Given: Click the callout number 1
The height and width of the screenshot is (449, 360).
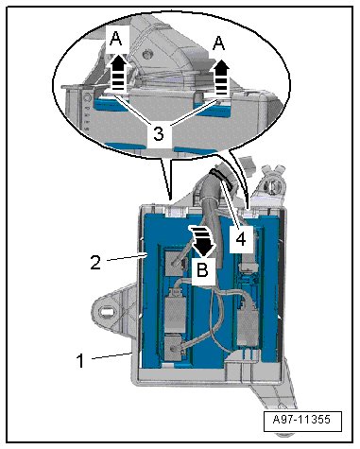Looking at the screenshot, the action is tap(80, 360).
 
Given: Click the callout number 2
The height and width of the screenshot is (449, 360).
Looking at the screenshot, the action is tap(95, 263).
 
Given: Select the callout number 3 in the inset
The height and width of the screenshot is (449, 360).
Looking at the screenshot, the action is tap(159, 134).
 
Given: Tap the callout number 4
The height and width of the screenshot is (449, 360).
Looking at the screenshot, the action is tap(241, 239).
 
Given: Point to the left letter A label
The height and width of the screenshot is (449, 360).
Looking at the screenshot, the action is tap(116, 40).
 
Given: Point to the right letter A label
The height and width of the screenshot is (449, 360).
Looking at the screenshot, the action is tap(218, 43).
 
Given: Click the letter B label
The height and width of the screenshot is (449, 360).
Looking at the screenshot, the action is tap(202, 270).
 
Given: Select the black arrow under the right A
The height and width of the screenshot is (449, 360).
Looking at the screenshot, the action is tap(222, 78).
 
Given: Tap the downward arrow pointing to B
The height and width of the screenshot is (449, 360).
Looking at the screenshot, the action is tap(201, 240).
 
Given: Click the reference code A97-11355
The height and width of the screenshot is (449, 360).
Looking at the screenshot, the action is tap(301, 420).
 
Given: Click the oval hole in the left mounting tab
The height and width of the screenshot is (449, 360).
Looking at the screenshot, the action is tap(108, 312).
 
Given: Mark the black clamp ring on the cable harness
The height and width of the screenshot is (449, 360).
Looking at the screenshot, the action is tap(222, 179).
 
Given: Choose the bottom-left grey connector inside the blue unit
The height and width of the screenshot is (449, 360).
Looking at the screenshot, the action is tap(173, 348).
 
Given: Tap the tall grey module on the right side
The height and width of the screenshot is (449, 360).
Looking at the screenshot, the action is tap(249, 322).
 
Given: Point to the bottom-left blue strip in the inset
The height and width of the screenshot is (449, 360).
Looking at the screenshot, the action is tap(126, 146).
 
